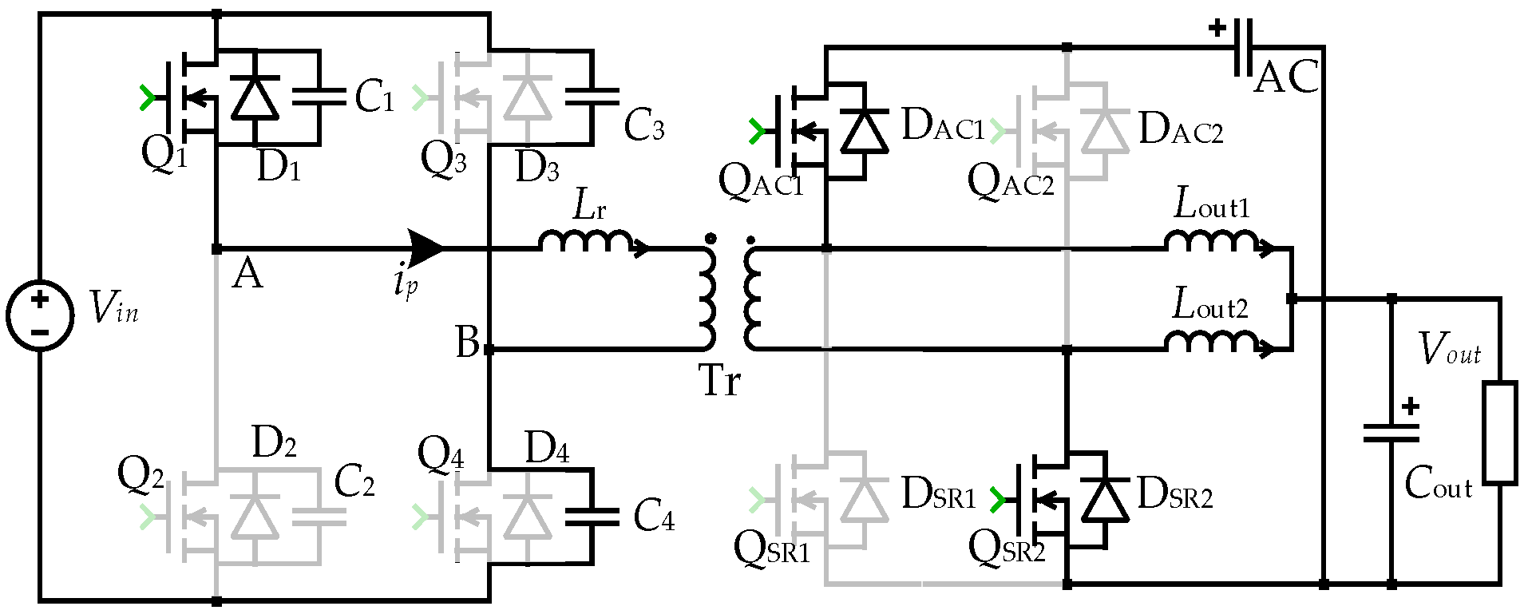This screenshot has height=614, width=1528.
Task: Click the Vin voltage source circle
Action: coord(40,315)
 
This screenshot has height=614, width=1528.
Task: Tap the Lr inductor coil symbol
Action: coord(588,240)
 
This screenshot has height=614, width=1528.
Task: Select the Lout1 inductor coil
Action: coord(1212,240)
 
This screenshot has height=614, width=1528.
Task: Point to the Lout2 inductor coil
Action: coord(1212,341)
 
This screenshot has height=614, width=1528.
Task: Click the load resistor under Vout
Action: coord(1500,434)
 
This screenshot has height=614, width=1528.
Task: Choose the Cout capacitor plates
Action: coord(1391,434)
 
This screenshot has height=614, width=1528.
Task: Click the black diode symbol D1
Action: coord(255,98)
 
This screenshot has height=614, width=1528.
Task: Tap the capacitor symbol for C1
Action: coord(319,97)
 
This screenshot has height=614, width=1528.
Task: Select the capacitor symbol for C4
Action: coord(592,517)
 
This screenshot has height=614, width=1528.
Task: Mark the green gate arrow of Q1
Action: coord(147,97)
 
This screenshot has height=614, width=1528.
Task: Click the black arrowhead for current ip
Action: coord(425,248)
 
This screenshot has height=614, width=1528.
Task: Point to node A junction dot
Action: coord(216,249)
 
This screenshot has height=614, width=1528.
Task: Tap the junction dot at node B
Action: coord(489,350)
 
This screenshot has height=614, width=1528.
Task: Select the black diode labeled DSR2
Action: coord(1104,500)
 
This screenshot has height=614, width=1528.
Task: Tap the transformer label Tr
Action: coord(719,381)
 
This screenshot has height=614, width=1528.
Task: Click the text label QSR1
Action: coord(771,549)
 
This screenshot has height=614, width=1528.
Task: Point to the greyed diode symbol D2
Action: coord(255,517)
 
